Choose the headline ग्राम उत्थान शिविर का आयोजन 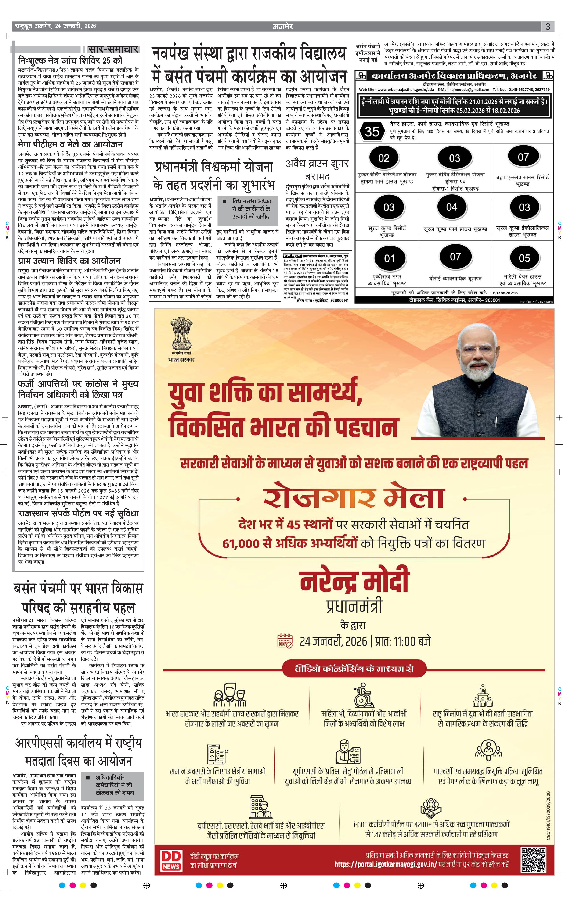(x=69, y=261)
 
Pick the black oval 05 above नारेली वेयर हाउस (x=524, y=258)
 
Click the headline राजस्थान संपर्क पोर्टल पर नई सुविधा (x=78, y=513)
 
